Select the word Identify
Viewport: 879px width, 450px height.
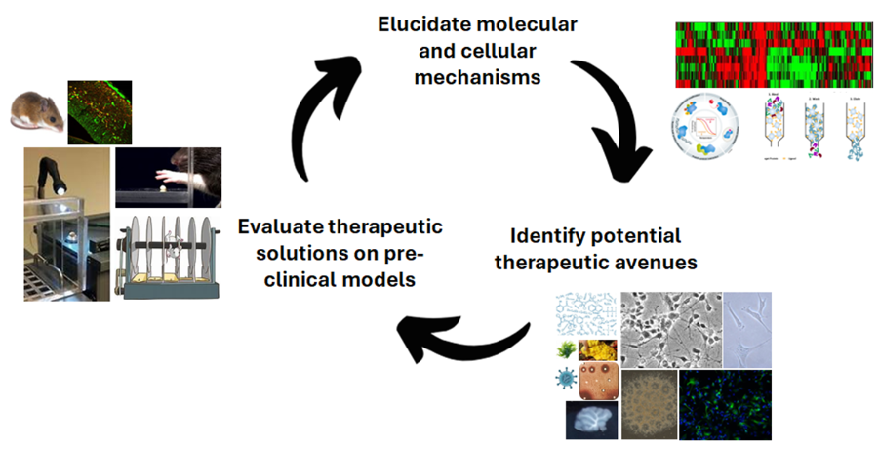tap(547, 236)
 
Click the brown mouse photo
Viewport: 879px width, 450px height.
tap(37, 109)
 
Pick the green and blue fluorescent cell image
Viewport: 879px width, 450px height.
tap(725, 404)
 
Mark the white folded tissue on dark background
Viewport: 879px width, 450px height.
tap(591, 421)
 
